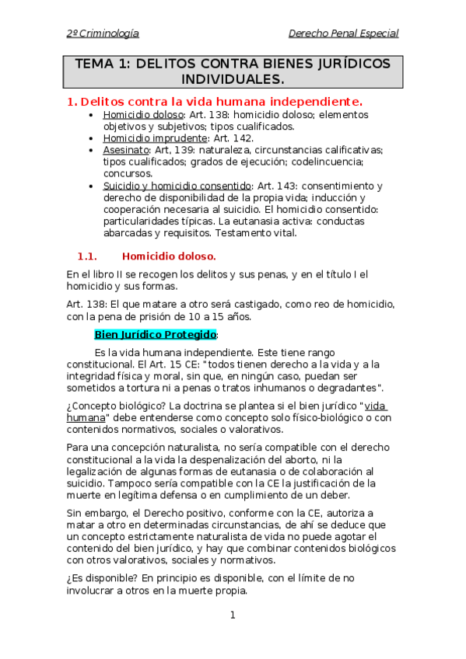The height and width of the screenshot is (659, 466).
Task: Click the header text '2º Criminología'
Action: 103,33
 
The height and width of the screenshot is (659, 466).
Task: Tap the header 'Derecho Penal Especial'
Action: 343,33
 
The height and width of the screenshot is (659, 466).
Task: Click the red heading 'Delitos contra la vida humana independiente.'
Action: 222,102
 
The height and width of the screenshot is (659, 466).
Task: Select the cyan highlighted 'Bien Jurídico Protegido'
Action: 156,334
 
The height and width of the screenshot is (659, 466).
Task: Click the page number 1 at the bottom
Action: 232,615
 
